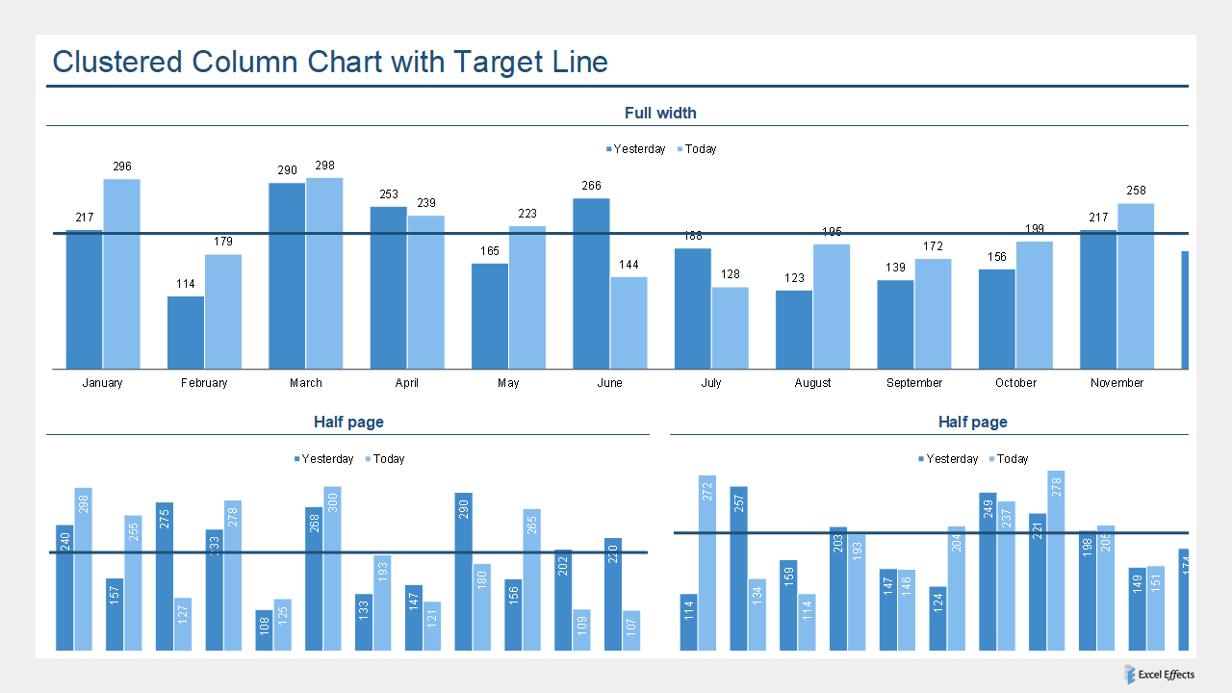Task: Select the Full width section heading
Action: pyautogui.click(x=660, y=113)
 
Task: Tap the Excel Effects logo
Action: pyautogui.click(x=1160, y=675)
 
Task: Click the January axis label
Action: pyautogui.click(x=102, y=383)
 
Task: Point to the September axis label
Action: pyautogui.click(x=914, y=383)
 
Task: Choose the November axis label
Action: pyautogui.click(x=1116, y=383)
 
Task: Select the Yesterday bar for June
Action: pyautogui.click(x=591, y=284)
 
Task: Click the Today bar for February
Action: pyautogui.click(x=223, y=312)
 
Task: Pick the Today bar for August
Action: pyautogui.click(x=832, y=306)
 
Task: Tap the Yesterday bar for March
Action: pyautogui.click(x=287, y=276)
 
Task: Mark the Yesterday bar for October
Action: pyautogui.click(x=997, y=319)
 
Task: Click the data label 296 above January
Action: pyautogui.click(x=122, y=167)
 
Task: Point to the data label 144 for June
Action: pyautogui.click(x=629, y=265)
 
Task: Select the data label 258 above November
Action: pyautogui.click(x=1136, y=191)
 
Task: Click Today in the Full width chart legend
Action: pyautogui.click(x=700, y=149)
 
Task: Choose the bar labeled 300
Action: pyautogui.click(x=333, y=568)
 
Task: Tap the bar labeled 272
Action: pyautogui.click(x=707, y=563)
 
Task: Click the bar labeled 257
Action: pyautogui.click(x=738, y=568)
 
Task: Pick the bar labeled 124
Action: pyautogui.click(x=937, y=618)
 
